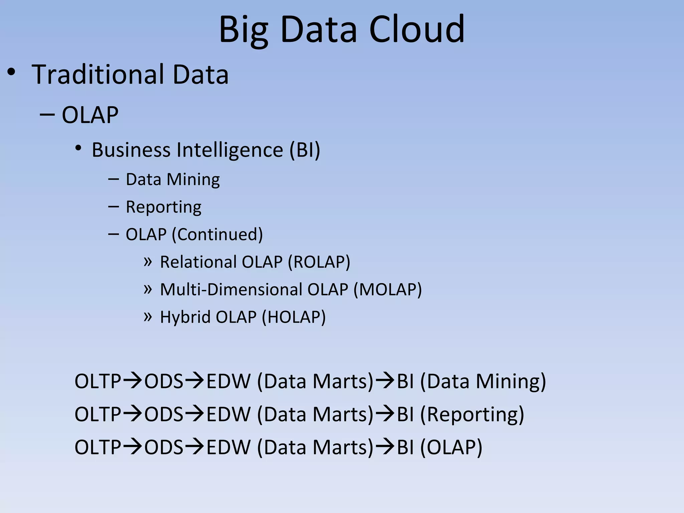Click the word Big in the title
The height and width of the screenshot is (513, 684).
pos(243,30)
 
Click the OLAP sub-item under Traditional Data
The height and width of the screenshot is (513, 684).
pos(90,115)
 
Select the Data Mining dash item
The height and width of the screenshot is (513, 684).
pos(173,179)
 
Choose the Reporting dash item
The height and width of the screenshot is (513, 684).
pos(163,207)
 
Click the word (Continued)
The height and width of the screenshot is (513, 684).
pos(217,234)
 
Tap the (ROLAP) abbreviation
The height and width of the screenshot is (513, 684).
pos(319,262)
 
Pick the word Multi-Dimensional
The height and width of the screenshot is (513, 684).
pos(231,289)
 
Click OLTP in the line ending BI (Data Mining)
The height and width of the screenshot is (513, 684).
pos(98,381)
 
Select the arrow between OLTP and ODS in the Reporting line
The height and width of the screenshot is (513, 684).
pos(133,414)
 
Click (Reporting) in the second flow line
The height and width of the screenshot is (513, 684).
pos(472,414)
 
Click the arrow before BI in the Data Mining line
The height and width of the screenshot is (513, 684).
pos(385,381)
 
